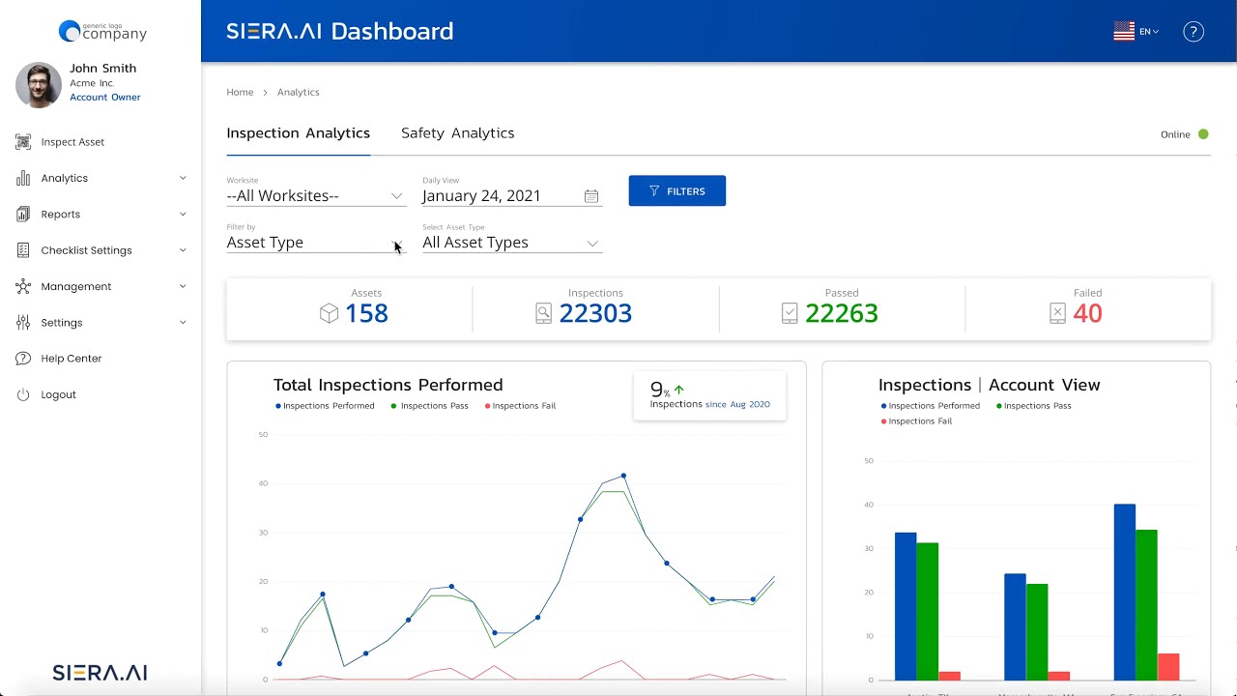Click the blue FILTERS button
pyautogui.click(x=676, y=191)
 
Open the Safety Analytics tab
pyautogui.click(x=457, y=133)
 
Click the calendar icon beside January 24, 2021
pyautogui.click(x=590, y=196)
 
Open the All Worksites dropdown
pyautogui.click(x=315, y=196)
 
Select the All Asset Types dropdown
pyautogui.click(x=511, y=243)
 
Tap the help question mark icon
pyautogui.click(x=1194, y=32)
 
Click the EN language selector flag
pyautogui.click(x=1124, y=32)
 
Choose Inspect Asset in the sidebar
pyautogui.click(x=72, y=142)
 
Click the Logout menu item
pyautogui.click(x=58, y=394)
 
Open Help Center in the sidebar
pyautogui.click(x=71, y=359)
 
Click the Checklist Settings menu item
pyautogui.click(x=86, y=250)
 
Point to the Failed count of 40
pyautogui.click(x=1087, y=313)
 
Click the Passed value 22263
pyautogui.click(x=841, y=313)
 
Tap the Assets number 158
pyautogui.click(x=366, y=313)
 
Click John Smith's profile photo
pyautogui.click(x=39, y=85)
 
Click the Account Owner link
pyautogui.click(x=105, y=98)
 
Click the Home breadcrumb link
pyautogui.click(x=240, y=93)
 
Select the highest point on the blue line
pyautogui.click(x=623, y=476)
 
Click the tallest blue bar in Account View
pyautogui.click(x=1124, y=592)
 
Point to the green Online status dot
pyautogui.click(x=1203, y=134)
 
